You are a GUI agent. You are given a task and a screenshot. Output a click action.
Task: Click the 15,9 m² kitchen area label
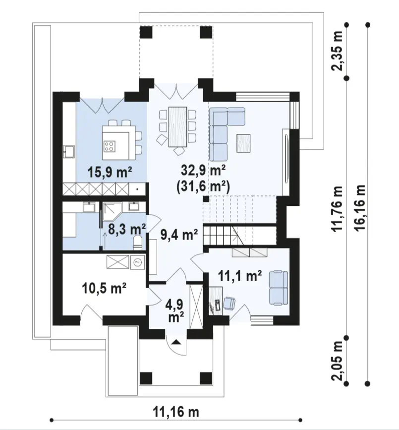[x=110, y=173]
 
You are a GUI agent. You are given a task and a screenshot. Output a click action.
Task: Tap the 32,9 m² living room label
[x=203, y=171]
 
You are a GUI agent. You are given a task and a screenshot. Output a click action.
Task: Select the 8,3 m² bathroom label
[x=126, y=229]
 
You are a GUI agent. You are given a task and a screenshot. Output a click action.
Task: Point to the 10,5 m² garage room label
[x=104, y=289]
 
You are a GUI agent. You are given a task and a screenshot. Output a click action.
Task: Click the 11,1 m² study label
[x=240, y=276]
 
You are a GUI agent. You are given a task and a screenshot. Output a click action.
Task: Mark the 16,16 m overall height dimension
[x=361, y=208]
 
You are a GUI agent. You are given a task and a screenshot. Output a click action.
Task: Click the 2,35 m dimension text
[x=338, y=51]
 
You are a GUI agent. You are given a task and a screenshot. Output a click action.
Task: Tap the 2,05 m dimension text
[x=338, y=361]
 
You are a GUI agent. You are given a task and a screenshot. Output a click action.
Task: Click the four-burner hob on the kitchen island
[x=109, y=146]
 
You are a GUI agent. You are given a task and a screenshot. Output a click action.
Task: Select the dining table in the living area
[x=178, y=126]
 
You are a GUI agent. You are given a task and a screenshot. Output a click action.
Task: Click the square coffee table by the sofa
[x=243, y=143]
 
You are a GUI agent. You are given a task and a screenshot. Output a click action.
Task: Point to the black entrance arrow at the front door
[x=177, y=342]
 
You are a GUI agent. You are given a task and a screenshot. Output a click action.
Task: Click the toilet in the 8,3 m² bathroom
[x=137, y=243]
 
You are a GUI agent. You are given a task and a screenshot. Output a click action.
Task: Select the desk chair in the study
[x=229, y=304]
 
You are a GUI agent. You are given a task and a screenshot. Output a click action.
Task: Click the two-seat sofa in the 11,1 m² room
[x=279, y=288]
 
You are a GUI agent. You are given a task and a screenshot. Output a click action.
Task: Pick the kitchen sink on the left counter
[x=69, y=152]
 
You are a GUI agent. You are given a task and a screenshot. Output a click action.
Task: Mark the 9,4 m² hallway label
[x=179, y=235]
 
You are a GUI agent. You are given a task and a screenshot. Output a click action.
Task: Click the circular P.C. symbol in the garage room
[x=137, y=262]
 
